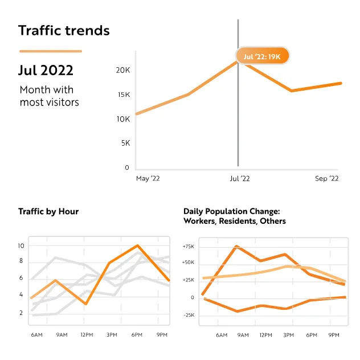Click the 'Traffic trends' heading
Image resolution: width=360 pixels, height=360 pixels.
pyautogui.click(x=64, y=30)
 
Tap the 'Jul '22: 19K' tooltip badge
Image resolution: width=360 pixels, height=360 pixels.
pyautogui.click(x=263, y=56)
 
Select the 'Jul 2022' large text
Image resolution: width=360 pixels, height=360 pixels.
pyautogui.click(x=46, y=71)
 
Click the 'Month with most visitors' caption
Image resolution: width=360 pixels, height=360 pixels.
pyautogui.click(x=49, y=96)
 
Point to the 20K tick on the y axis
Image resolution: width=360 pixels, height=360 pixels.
pyautogui.click(x=123, y=71)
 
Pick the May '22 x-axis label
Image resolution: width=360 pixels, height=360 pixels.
pyautogui.click(x=148, y=179)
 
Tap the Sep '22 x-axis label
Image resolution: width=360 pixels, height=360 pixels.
pyautogui.click(x=327, y=179)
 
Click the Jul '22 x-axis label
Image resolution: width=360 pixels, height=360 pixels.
pyautogui.click(x=239, y=179)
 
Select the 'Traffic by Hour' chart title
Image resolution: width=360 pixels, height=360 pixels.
pyautogui.click(x=48, y=211)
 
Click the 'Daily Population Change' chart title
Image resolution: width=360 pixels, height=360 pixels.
pyautogui.click(x=235, y=216)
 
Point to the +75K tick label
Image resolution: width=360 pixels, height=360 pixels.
pyautogui.click(x=188, y=247)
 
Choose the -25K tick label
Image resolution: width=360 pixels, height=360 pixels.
pyautogui.click(x=188, y=315)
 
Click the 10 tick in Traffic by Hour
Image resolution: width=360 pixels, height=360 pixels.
pyautogui.click(x=21, y=246)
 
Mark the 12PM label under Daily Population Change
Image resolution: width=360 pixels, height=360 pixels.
pyautogui.click(x=265, y=336)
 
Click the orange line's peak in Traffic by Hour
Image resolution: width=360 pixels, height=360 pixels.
pyautogui.click(x=137, y=246)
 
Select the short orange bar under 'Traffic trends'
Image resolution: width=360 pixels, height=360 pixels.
pyautogui.click(x=50, y=51)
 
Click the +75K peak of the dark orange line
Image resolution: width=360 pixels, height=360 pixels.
pyautogui.click(x=236, y=247)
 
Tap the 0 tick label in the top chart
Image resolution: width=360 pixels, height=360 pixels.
pyautogui.click(x=127, y=167)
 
